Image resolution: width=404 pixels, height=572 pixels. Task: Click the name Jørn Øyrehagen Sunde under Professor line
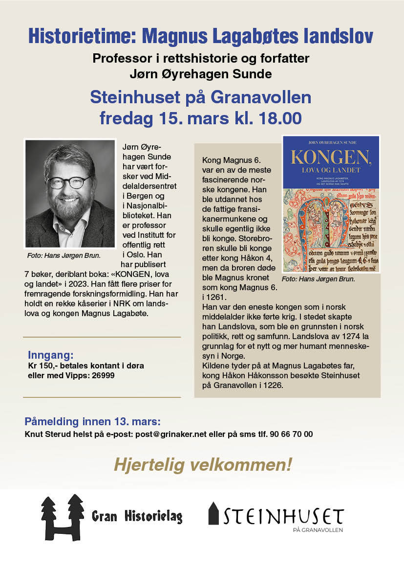click(201, 74)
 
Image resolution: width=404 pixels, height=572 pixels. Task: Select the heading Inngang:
click(50, 355)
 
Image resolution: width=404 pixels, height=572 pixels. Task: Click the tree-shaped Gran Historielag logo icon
click(62, 517)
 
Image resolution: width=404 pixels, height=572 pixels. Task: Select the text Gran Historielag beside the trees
click(137, 516)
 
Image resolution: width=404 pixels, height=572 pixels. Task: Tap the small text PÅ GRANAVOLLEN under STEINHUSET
click(318, 530)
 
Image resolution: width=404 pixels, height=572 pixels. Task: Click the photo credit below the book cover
click(318, 279)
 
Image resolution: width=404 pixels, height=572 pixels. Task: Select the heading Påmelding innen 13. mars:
click(92, 422)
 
